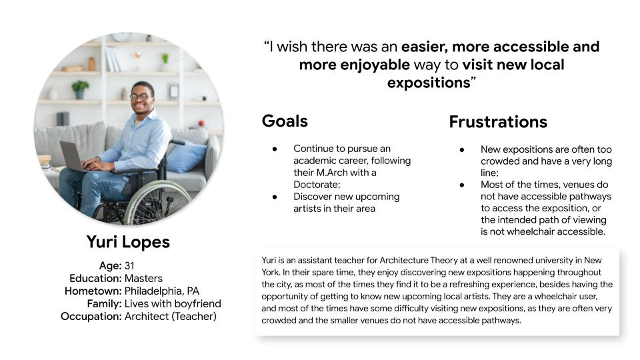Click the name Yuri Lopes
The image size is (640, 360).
tap(128, 242)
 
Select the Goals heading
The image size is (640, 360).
tap(285, 121)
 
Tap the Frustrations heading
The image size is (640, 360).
tap(498, 122)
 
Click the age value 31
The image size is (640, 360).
tap(129, 266)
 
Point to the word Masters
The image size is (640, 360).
tap(143, 279)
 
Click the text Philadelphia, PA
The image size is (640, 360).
tap(161, 291)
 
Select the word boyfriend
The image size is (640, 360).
tap(199, 304)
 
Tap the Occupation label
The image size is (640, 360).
tap(91, 316)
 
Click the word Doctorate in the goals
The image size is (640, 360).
tap(317, 185)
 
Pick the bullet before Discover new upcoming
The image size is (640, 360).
tap(275, 197)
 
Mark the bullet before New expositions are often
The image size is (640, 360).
tap(461, 150)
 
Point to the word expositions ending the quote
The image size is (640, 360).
tap(429, 83)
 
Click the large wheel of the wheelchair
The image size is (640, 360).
tap(157, 203)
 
